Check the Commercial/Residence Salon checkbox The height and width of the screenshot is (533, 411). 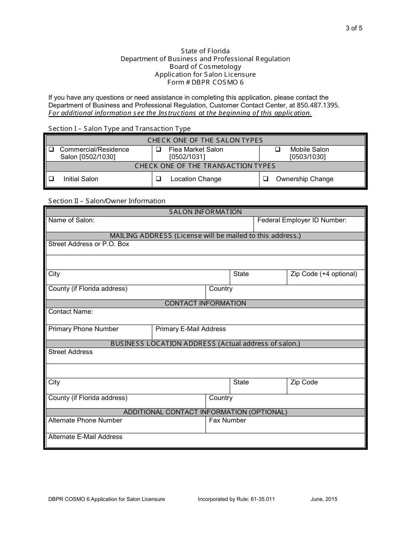pos(51,149)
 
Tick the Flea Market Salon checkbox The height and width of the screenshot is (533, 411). pos(158,149)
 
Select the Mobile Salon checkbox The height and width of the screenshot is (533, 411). pos(278,149)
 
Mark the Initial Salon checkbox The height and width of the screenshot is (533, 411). pos(51,179)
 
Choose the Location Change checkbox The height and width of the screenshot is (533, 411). pos(158,179)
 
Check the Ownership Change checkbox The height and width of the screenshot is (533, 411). pos(266,179)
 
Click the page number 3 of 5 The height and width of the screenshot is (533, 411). pos(354,29)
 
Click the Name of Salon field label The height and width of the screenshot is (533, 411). pos(71,220)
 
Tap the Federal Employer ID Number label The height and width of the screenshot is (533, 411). pos(302,220)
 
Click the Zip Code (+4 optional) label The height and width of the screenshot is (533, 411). pos(324,274)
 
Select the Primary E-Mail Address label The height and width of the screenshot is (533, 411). pos(190,329)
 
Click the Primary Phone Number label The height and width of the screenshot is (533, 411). pos(83,329)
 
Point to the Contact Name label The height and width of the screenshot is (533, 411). pos(71,312)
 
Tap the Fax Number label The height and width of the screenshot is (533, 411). pos(227,420)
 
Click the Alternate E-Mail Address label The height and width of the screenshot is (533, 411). pos(85,437)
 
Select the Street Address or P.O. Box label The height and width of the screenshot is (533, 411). pos(89,244)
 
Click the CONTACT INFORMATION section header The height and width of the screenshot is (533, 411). pos(205,303)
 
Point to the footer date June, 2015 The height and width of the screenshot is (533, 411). pos(324,499)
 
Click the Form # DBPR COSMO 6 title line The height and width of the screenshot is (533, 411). pos(205,82)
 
